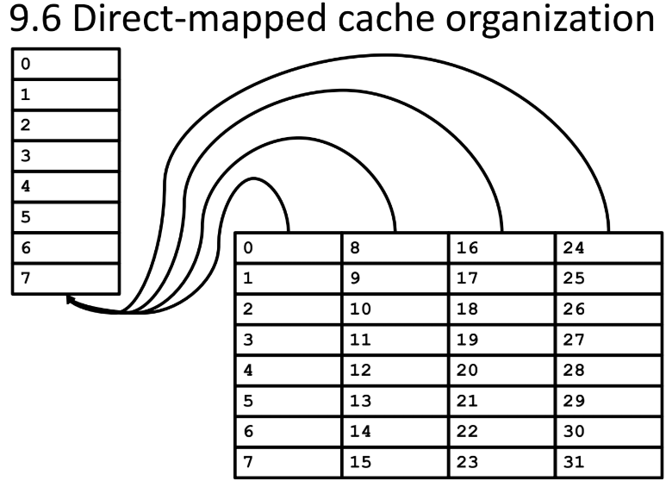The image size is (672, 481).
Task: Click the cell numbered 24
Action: (x=608, y=247)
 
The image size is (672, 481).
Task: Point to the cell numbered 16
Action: (x=501, y=247)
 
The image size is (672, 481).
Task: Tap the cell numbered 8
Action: (x=395, y=247)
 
